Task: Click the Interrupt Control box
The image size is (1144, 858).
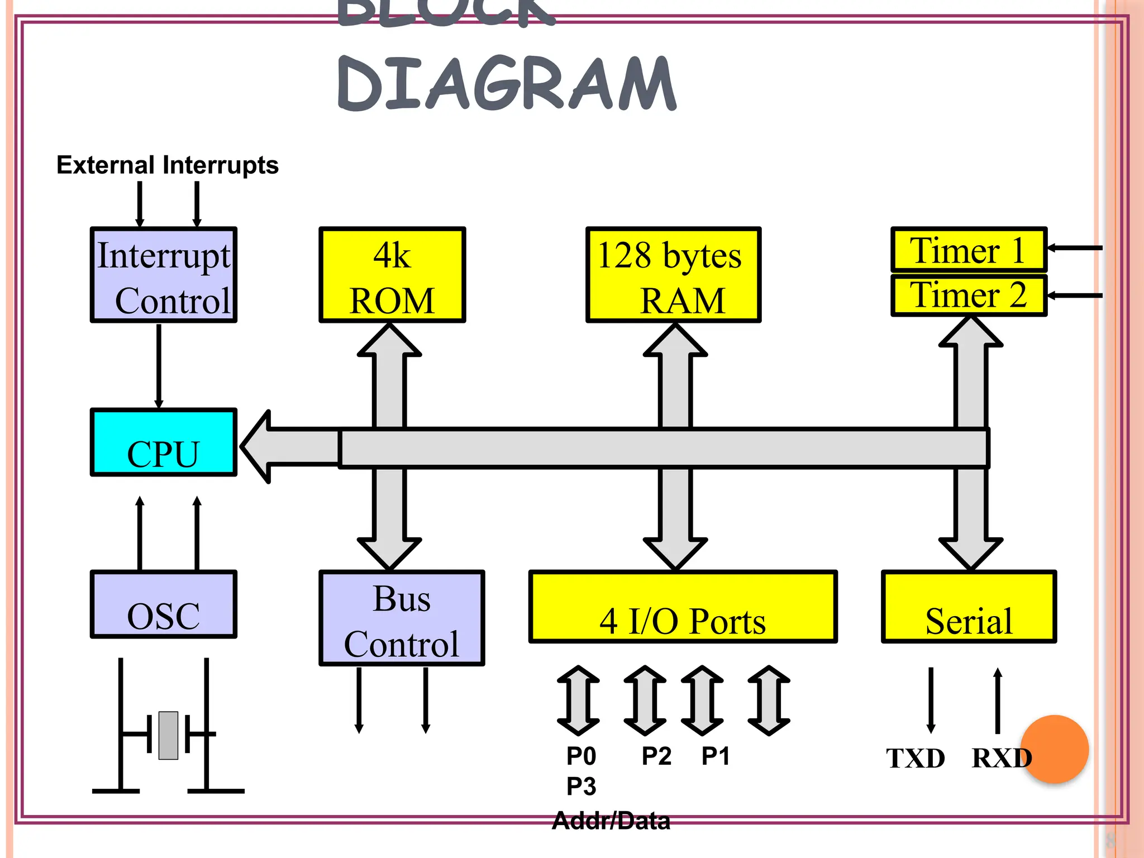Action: pyautogui.click(x=164, y=275)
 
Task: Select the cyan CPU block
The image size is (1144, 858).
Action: pyautogui.click(x=164, y=442)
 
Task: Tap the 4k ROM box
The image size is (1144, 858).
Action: pyautogui.click(x=392, y=275)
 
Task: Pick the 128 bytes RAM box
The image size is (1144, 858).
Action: pyautogui.click(x=673, y=275)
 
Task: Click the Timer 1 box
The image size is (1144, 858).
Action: pyautogui.click(x=969, y=249)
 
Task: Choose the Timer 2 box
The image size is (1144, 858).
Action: pyautogui.click(x=969, y=295)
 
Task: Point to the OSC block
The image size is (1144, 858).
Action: pyautogui.click(x=164, y=604)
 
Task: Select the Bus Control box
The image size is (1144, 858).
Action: pyautogui.click(x=402, y=618)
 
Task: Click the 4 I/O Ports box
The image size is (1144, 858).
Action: pyautogui.click(x=683, y=607)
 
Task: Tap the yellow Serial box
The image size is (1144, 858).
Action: pyautogui.click(x=969, y=607)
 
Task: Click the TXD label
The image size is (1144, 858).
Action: pyautogui.click(x=916, y=759)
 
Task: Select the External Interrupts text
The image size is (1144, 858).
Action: pyautogui.click(x=168, y=165)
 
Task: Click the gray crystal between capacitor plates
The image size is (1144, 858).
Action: pyautogui.click(x=168, y=735)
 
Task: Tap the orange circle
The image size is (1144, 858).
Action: pyautogui.click(x=1055, y=749)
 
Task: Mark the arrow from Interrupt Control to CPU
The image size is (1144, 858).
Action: pyautogui.click(x=159, y=366)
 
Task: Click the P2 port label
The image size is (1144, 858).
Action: pyautogui.click(x=656, y=756)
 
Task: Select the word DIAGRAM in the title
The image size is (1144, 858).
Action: pyautogui.click(x=507, y=84)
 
